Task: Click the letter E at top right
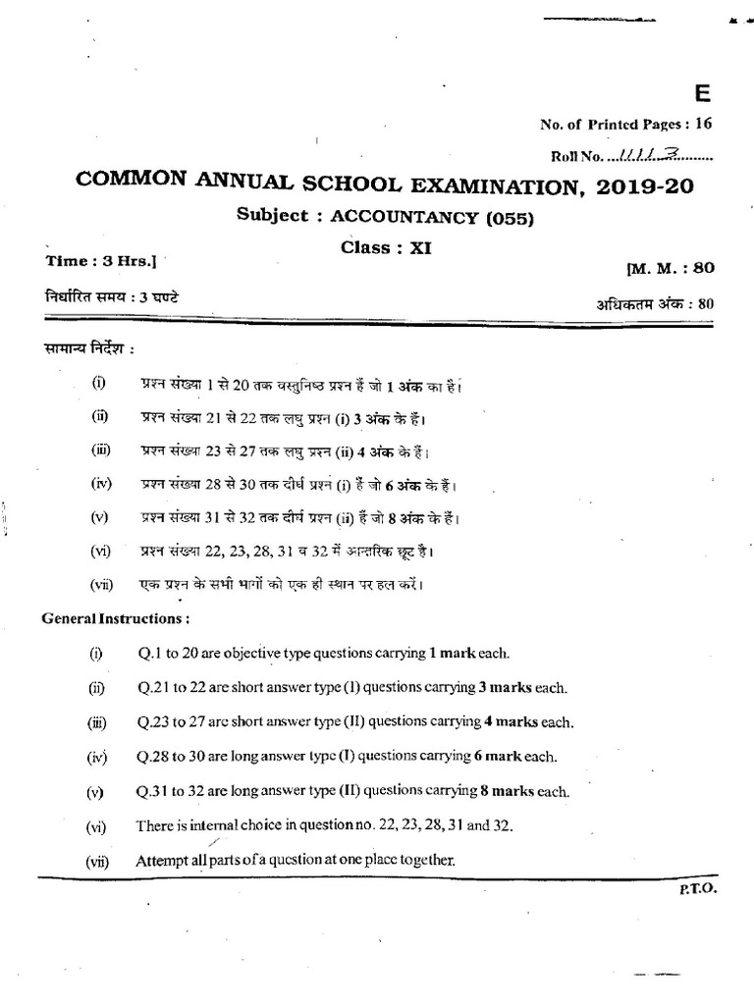tap(701, 94)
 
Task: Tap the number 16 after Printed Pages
tap(703, 125)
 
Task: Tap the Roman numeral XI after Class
tap(420, 248)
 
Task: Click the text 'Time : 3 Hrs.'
tap(101, 263)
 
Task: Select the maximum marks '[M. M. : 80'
tap(669, 268)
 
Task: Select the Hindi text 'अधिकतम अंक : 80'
tap(654, 303)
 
